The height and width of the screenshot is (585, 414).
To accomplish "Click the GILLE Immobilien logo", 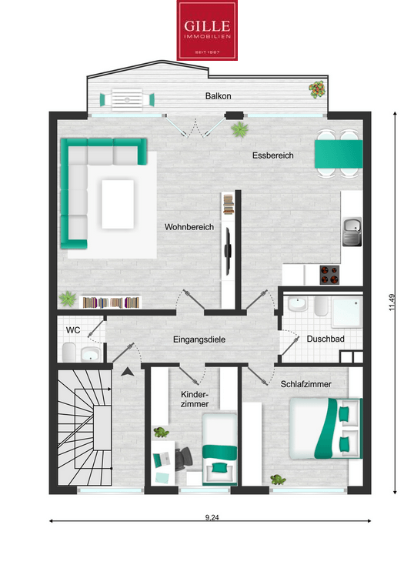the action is coord(207,30).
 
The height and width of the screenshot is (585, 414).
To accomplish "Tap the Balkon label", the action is coord(219,96).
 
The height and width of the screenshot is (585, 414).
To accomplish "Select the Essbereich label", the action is coord(272,155).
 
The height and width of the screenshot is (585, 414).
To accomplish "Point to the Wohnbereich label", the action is coord(189,227).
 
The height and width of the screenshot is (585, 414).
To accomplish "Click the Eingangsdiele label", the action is coord(199,339).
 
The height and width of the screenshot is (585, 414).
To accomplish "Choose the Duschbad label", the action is coord(326,339).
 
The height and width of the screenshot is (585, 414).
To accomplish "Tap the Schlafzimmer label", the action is coord(305,384).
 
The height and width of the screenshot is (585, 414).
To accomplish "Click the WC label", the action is coord(73,330).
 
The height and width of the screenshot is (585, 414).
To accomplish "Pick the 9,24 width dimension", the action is coord(212,517).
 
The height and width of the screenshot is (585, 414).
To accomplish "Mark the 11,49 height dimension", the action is coord(392,303).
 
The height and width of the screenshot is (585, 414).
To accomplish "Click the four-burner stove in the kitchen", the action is coord(329,275).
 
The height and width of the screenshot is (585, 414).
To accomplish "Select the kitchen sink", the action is coord(352,232).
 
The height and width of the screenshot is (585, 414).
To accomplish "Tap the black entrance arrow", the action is coord(128,371).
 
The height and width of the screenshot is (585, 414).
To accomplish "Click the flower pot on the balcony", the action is coord(316,90).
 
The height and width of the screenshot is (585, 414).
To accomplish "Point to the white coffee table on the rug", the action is coord(118,204).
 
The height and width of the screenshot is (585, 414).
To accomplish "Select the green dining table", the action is coord(339,154).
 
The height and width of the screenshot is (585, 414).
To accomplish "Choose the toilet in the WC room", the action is coord(69,353).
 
